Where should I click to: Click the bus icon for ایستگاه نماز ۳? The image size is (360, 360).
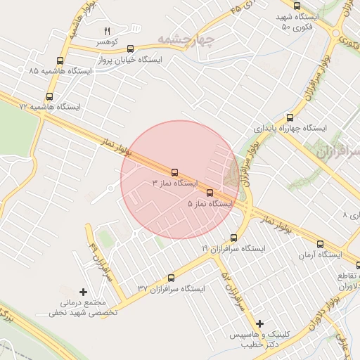click(x=174, y=172)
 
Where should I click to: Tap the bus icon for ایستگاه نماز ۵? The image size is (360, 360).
click(x=210, y=193)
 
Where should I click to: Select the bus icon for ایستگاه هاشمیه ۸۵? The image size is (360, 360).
click(x=60, y=61)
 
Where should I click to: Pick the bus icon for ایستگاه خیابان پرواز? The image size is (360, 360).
click(x=131, y=49)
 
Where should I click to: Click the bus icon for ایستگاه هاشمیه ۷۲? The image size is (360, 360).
click(x=49, y=96)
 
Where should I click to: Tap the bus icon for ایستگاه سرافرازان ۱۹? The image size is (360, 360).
click(x=235, y=238)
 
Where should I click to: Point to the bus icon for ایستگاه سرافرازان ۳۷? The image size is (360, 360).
click(x=172, y=278)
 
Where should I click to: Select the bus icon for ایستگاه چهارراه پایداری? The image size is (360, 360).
click(x=290, y=118)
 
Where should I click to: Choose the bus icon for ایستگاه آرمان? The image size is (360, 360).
click(x=321, y=244)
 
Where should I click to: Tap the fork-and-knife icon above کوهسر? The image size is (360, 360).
click(x=108, y=32)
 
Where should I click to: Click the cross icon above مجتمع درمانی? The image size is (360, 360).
click(x=84, y=291)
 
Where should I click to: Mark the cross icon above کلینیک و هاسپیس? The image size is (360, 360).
click(x=260, y=324)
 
